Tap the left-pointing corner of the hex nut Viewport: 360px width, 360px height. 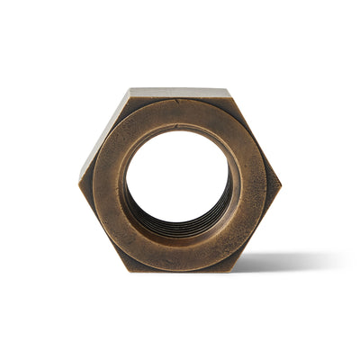point(79,180)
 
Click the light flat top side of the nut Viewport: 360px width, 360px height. point(180,92)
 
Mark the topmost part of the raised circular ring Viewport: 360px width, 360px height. point(180,109)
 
